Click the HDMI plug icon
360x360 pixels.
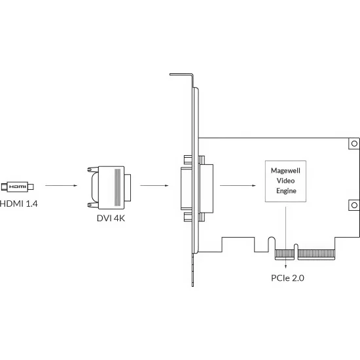coord(18,187)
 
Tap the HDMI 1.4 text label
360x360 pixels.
coord(19,204)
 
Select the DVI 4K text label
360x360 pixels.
coord(111,218)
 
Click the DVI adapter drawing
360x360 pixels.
coord(109,188)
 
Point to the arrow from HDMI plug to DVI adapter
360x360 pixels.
coord(61,185)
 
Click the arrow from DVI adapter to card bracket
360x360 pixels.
coord(154,185)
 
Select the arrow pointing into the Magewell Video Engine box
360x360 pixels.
coord(238,185)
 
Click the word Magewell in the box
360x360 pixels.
coord(285,171)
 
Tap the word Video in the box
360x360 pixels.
coord(285,181)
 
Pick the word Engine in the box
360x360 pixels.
coord(286,190)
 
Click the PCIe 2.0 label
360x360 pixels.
coord(287,278)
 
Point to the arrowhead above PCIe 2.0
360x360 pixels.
coord(285,266)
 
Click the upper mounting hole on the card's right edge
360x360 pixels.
coord(354,143)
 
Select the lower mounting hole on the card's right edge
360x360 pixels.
coord(354,205)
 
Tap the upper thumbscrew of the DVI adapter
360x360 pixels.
coord(93,170)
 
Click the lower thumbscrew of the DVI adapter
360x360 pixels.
coord(93,205)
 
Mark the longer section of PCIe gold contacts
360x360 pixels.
coord(316,254)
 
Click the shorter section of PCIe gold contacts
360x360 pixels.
coord(285,254)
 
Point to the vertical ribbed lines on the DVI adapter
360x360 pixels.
coord(117,187)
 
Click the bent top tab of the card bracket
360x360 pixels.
coord(181,75)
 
